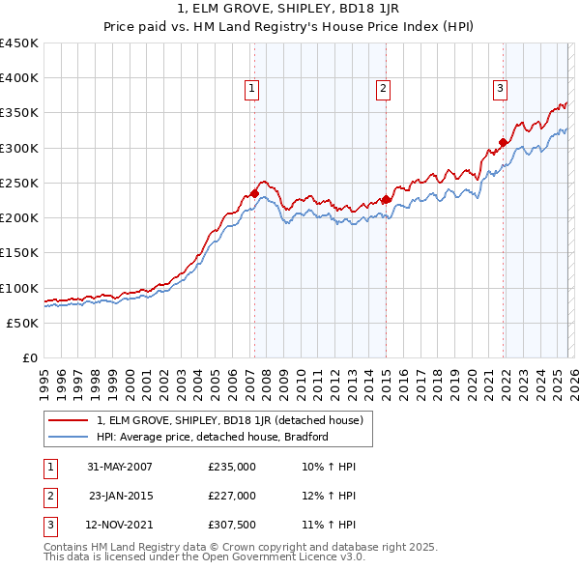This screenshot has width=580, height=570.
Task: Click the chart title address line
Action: (290, 8)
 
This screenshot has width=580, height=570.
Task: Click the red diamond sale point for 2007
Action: (254, 193)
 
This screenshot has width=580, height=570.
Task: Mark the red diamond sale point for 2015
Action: (386, 199)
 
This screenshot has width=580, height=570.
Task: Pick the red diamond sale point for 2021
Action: (504, 143)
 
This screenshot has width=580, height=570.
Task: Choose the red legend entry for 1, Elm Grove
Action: (230, 420)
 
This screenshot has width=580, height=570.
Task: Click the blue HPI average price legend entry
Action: (213, 437)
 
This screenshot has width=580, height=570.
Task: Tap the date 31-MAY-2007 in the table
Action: (120, 466)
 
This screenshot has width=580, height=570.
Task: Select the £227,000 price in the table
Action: (232, 496)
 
